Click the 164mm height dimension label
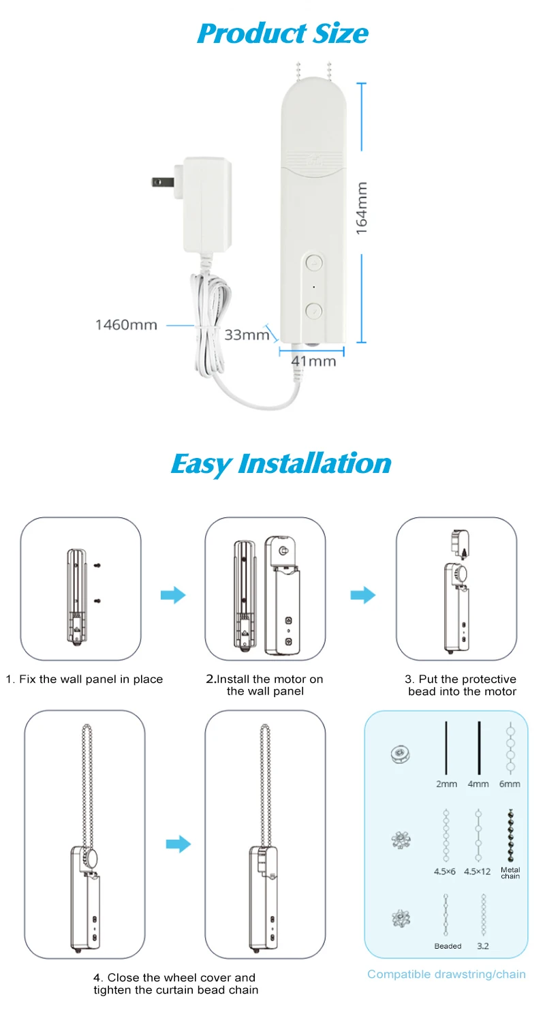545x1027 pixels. tap(362, 208)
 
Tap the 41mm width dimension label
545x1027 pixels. tap(313, 361)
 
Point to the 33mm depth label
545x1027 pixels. tap(247, 335)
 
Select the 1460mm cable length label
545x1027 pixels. tap(126, 325)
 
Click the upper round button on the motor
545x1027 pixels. tap(313, 262)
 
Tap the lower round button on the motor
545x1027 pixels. tap(313, 311)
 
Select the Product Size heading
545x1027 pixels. tap(282, 33)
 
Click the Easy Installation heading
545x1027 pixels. tap(281, 463)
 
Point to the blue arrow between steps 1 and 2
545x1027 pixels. tap(173, 595)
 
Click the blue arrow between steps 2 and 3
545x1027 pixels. tap(363, 595)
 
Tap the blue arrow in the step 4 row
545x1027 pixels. tap(178, 844)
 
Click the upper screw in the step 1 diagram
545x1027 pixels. tap(99, 565)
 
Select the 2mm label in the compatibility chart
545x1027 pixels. tap(446, 784)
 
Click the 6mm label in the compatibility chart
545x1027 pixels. tap(509, 784)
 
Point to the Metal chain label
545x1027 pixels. tap(510, 873)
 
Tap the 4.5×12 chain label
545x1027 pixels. tap(477, 872)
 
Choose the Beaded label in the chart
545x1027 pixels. tap(448, 946)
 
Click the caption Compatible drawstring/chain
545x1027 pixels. tap(446, 974)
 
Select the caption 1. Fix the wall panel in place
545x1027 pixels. tap(84, 679)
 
